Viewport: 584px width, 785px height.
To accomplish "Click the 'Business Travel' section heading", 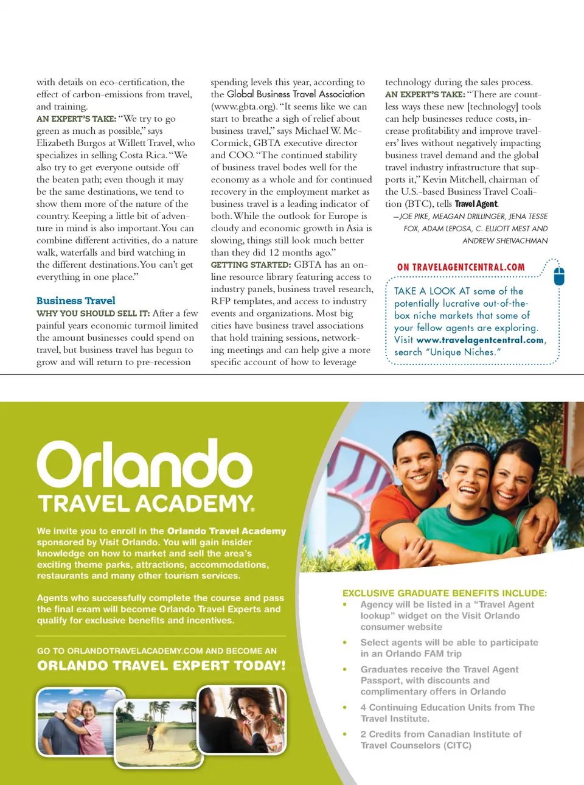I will coord(75,301).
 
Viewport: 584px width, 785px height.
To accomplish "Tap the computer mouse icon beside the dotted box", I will coord(560,276).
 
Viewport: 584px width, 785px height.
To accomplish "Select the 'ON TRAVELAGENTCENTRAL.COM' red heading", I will coord(461,267).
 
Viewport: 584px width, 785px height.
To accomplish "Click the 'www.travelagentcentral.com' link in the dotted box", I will coord(480,340).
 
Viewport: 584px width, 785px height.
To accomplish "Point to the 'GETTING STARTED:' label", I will coord(251,265).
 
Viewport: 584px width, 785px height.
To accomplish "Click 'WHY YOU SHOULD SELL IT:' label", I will coord(93,313).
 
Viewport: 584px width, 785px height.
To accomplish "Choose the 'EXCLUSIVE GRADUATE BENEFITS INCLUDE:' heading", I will coord(444,593).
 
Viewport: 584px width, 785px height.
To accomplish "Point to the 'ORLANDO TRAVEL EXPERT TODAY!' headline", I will coord(161,666).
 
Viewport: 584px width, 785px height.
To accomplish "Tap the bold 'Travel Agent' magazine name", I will coord(476,204).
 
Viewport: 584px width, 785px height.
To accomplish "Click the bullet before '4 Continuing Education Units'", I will coord(345,708).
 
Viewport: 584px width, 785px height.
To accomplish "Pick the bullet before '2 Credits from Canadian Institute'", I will coord(345,734).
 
